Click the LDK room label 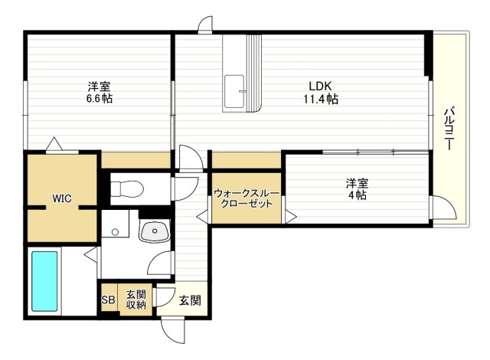tap(320, 85)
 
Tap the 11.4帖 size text tap(320, 99)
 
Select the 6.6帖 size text tap(99, 99)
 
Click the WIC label tap(62, 198)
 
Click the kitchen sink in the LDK tap(235, 92)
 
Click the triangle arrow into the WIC tap(54, 144)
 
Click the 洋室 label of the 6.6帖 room tap(99, 85)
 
